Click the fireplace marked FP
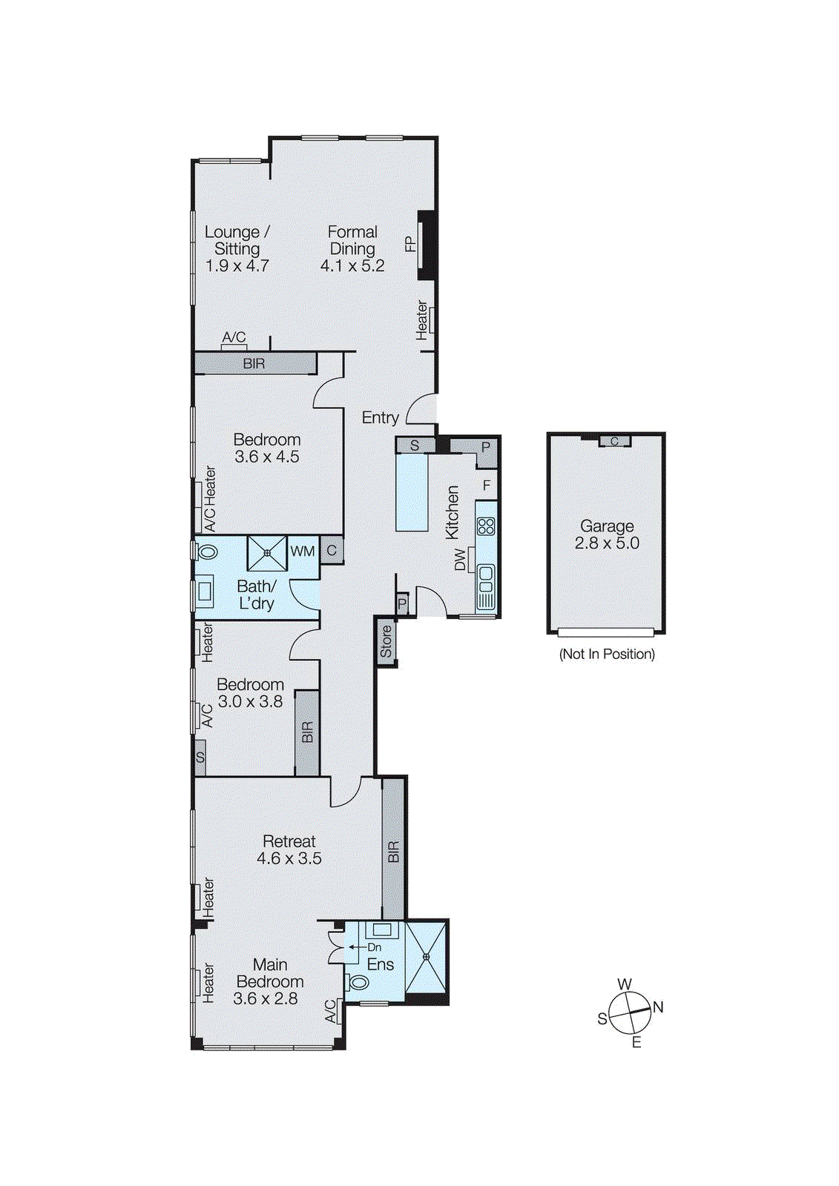click(x=426, y=245)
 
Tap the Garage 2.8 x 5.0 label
click(x=607, y=534)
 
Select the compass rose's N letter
click(x=658, y=1007)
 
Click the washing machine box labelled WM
click(x=303, y=551)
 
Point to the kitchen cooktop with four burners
click(x=486, y=527)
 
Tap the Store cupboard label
click(x=386, y=642)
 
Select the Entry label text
click(x=380, y=418)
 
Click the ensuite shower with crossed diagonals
click(x=427, y=957)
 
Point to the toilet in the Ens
click(x=358, y=983)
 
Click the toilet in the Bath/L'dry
click(x=207, y=552)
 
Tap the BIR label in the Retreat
click(x=394, y=851)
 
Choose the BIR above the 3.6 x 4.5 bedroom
click(x=254, y=364)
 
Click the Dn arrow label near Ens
click(x=374, y=947)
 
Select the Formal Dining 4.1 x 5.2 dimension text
click(x=352, y=266)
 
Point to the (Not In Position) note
click(x=607, y=654)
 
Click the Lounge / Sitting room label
click(x=237, y=240)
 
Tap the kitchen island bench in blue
click(x=412, y=492)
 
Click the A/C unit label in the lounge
click(x=234, y=337)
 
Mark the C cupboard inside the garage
click(x=614, y=441)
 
